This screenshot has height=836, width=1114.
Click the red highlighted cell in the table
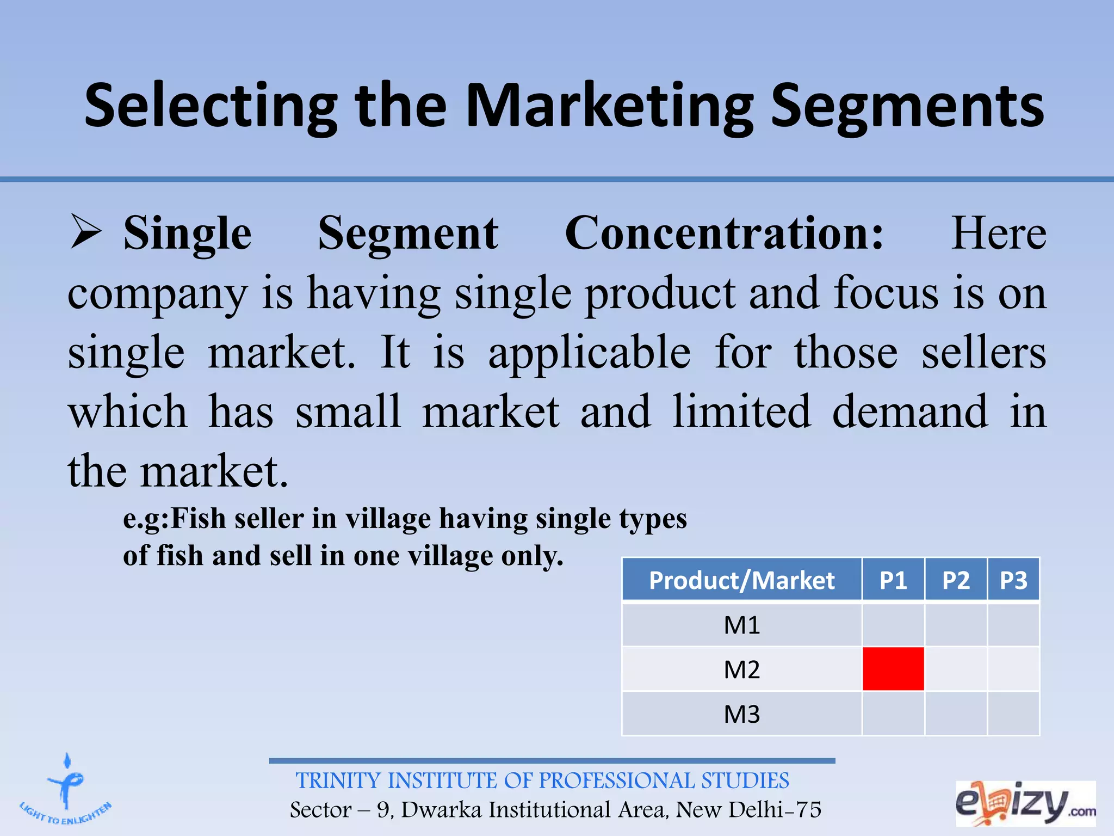pyautogui.click(x=893, y=668)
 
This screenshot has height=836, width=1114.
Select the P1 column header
pyautogui.click(x=893, y=580)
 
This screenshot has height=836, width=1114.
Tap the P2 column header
pyautogui.click(x=956, y=580)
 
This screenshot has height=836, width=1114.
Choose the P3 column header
pyautogui.click(x=1013, y=580)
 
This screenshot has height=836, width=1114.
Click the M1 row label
pyautogui.click(x=741, y=625)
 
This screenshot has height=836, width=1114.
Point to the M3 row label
pyautogui.click(x=741, y=714)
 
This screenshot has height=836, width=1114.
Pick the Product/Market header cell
pyautogui.click(x=741, y=580)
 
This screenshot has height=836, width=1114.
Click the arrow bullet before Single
pyautogui.click(x=86, y=232)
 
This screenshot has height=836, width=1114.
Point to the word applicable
pyautogui.click(x=590, y=352)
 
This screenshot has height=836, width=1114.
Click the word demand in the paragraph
pyautogui.click(x=909, y=411)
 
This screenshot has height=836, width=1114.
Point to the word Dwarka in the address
pyautogui.click(x=441, y=810)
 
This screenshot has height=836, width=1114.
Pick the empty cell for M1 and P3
pyautogui.click(x=1013, y=625)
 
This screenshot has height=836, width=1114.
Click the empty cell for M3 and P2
pyautogui.click(x=956, y=714)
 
